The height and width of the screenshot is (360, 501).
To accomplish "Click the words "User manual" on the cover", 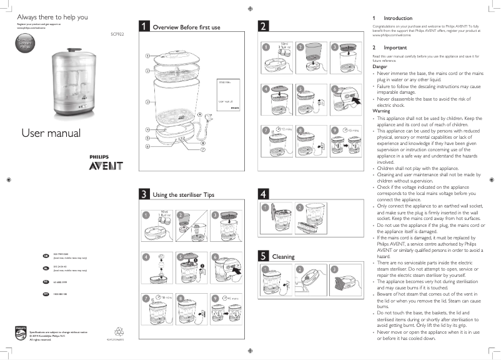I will (x=51, y=133).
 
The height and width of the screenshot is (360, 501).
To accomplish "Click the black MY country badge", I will (x=45, y=292).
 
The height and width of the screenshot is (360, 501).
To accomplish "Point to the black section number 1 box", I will (x=144, y=27).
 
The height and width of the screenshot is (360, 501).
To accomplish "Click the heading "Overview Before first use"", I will (x=186, y=27).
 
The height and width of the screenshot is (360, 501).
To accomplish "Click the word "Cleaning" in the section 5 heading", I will (x=283, y=256).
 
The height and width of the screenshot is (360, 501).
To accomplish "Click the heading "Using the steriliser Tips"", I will (x=184, y=195).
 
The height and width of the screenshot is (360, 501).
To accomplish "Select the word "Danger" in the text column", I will (x=379, y=66).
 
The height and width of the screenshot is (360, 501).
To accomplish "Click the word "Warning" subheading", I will (x=380, y=111).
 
